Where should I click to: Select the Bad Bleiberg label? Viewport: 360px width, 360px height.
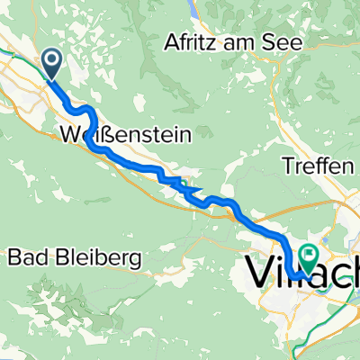[76, 258]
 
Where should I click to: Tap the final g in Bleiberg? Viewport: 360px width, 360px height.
[136, 260]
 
